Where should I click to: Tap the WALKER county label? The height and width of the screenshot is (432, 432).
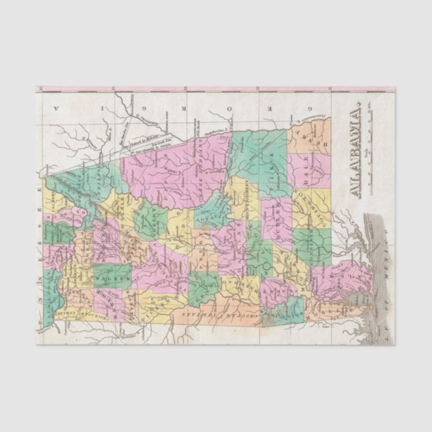tap(111, 274)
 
